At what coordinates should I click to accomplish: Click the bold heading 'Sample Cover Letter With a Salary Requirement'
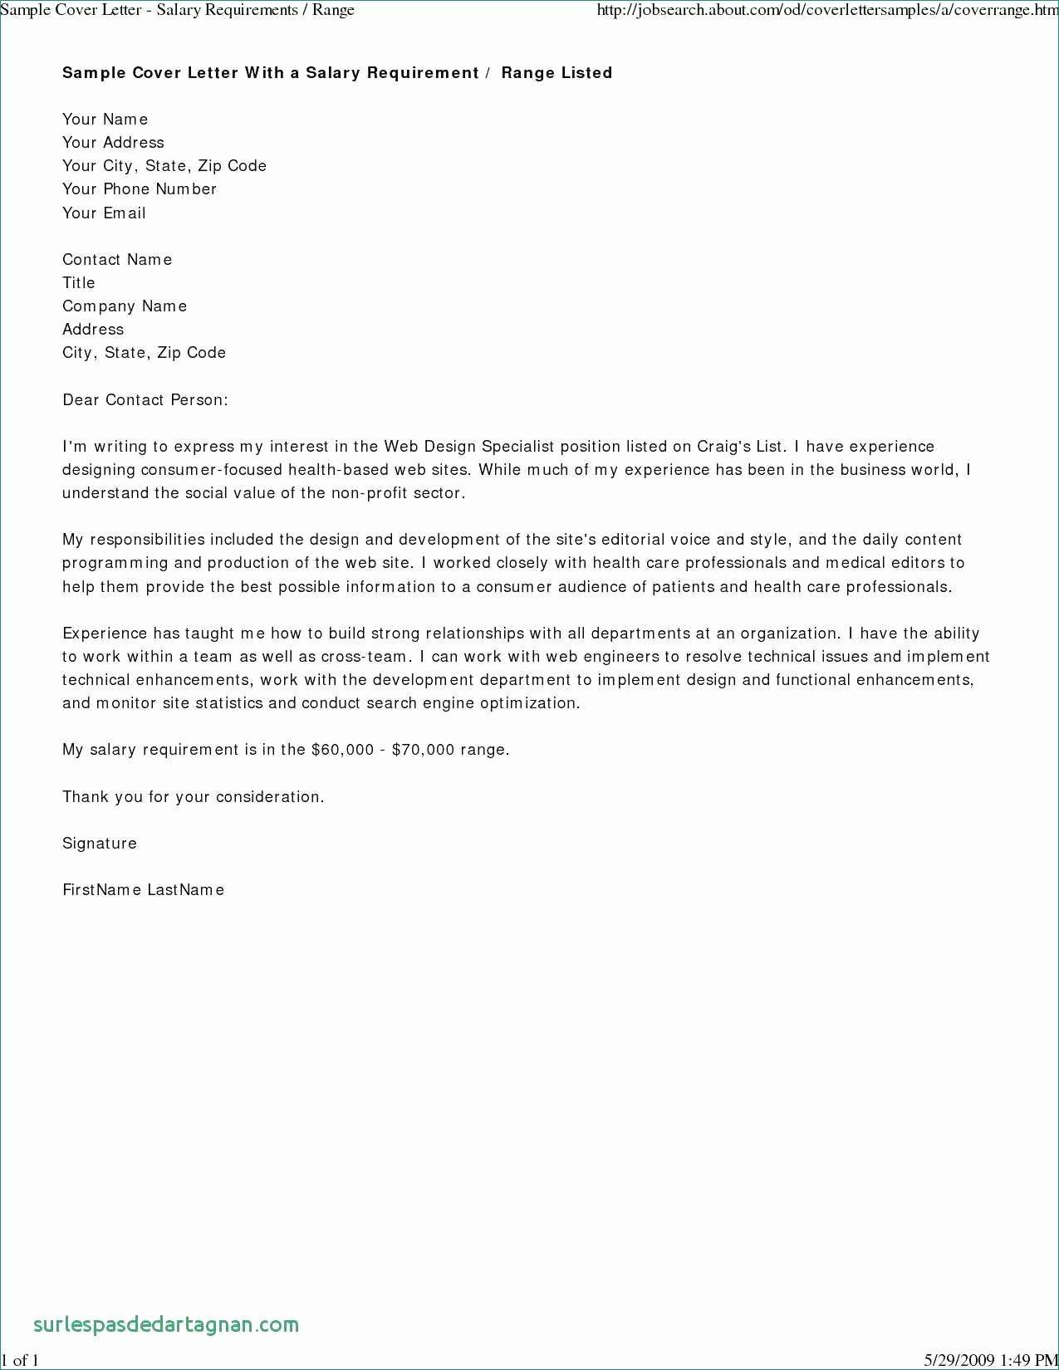click(270, 73)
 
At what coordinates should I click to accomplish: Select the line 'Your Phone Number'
click(140, 189)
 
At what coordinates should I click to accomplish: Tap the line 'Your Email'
click(104, 213)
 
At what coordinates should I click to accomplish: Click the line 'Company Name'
click(125, 306)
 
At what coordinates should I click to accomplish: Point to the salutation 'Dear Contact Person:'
click(145, 400)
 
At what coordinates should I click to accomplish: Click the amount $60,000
click(342, 750)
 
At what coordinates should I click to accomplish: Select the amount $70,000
click(423, 750)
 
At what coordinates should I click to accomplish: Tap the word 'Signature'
click(100, 844)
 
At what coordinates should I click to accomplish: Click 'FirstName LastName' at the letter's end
click(144, 890)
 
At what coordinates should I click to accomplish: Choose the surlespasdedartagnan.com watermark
click(166, 1324)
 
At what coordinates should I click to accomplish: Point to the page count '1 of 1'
click(20, 1360)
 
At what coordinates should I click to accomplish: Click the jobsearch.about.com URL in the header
click(827, 11)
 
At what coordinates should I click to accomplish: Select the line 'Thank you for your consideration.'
click(194, 797)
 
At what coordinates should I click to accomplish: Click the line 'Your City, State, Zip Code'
click(164, 166)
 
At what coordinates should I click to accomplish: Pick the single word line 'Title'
click(79, 283)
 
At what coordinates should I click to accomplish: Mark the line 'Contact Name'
click(117, 260)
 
